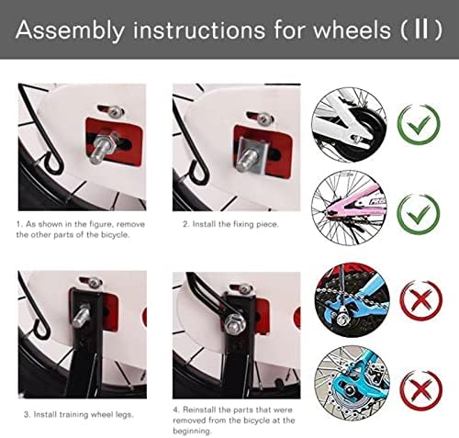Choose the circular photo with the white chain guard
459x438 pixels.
click(x=345, y=125)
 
